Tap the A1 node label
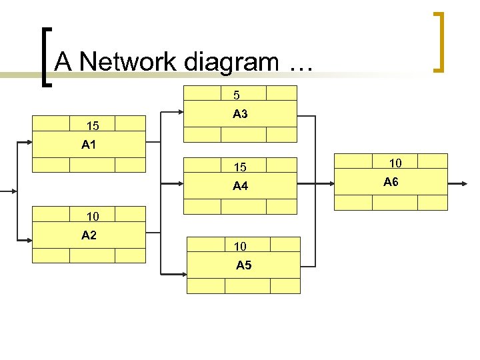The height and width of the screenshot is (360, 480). coord(89,145)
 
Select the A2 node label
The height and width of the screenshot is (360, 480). coord(89,235)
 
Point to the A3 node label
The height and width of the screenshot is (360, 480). coord(240,114)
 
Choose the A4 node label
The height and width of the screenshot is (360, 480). coord(240,186)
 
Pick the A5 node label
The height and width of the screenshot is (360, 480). coord(244,265)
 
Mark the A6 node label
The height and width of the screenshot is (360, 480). coord(391,181)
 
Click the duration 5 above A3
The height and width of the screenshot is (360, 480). coord(236,95)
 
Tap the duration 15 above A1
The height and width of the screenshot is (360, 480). coord(93,125)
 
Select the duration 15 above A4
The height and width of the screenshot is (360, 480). coord(239,167)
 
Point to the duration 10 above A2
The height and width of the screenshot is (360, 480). coord(93,216)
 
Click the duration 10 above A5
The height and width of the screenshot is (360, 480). coord(240,247)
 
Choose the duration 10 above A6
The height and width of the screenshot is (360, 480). coord(395,163)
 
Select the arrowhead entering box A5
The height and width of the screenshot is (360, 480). coord(183,274)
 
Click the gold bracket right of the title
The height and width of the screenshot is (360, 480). coord(439,41)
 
